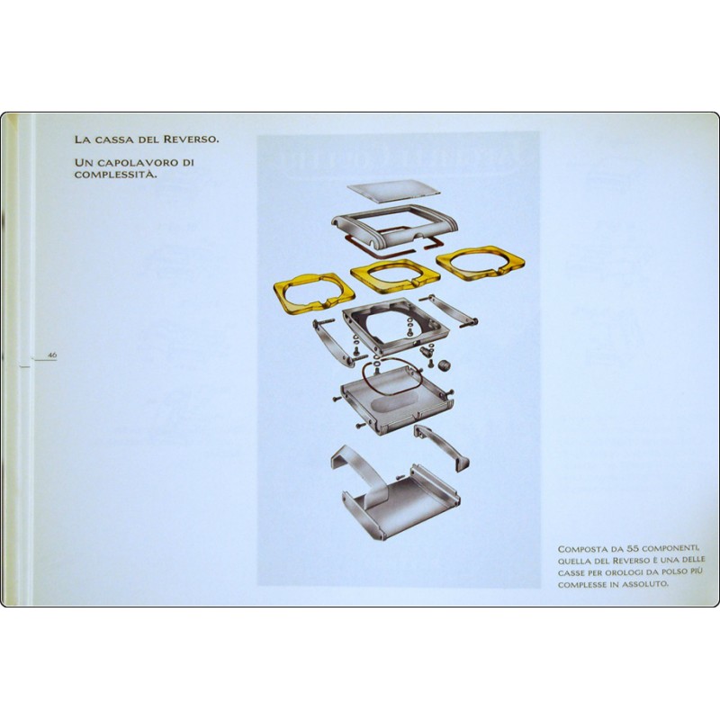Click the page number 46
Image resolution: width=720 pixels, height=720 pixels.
pyautogui.click(x=52, y=355)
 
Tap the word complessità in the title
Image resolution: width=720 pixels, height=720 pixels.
pyautogui.click(x=113, y=175)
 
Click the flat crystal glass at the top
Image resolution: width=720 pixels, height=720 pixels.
pyautogui.click(x=393, y=191)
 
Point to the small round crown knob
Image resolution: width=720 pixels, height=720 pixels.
pyautogui.click(x=443, y=365)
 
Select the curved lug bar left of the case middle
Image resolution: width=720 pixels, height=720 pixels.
pyautogui.click(x=332, y=343)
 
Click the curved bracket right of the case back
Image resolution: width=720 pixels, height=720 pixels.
pyautogui.click(x=441, y=445)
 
